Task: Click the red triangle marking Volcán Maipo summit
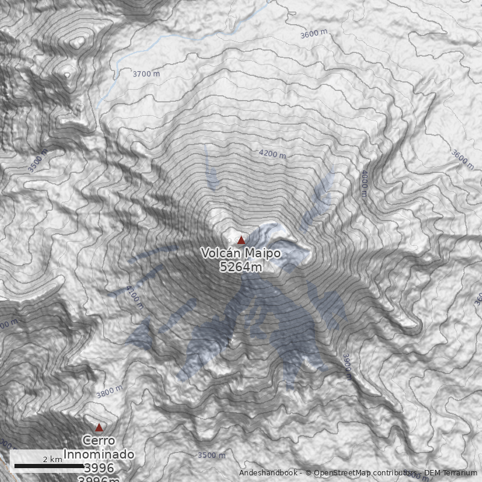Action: pos(242,240)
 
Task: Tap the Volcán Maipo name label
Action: pos(241,254)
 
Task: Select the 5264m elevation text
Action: pos(241,267)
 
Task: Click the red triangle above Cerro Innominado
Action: pos(99,427)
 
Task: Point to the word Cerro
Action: pos(99,441)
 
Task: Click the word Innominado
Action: pos(99,454)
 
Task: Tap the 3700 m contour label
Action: pos(146,74)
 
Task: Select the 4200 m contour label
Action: pos(272,154)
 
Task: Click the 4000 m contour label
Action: pos(364,183)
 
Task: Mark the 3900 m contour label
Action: pos(346,366)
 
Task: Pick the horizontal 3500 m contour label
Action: pos(211,455)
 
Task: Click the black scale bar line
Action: pos(48,466)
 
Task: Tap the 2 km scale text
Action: pos(52,459)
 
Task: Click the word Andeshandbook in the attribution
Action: pos(268,473)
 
